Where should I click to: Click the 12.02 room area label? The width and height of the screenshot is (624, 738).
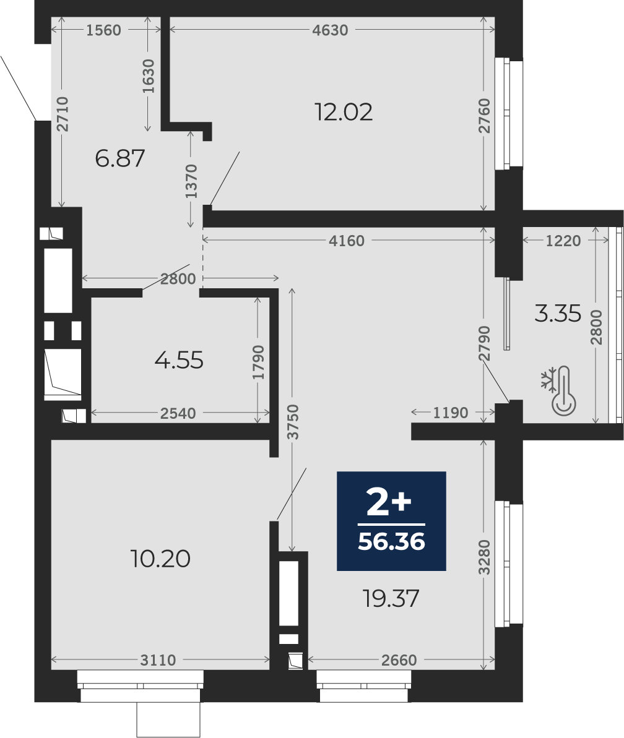tap(344, 112)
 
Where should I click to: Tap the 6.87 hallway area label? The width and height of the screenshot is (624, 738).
tap(119, 158)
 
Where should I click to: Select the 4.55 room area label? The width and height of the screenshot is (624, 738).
tap(179, 361)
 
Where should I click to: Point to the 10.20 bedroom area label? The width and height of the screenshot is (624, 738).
tap(160, 559)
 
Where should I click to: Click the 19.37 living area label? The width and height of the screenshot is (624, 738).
tap(391, 599)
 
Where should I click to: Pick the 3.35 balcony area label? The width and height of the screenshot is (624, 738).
tap(558, 314)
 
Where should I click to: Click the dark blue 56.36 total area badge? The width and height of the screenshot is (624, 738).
tap(391, 521)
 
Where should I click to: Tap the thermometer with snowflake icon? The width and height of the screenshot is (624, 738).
tap(559, 391)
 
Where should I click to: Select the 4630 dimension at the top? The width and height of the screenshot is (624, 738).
tap(330, 30)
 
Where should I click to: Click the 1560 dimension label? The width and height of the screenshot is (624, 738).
tap(103, 30)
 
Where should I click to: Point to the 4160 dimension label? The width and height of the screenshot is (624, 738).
tap(347, 241)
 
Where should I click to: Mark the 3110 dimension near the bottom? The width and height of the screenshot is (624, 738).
tap(158, 660)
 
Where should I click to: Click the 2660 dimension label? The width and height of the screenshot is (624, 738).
tap(399, 660)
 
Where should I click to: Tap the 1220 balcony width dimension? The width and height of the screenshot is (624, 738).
tap(563, 241)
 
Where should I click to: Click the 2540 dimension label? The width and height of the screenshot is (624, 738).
tap(178, 413)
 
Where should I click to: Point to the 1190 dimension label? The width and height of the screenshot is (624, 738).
tap(451, 413)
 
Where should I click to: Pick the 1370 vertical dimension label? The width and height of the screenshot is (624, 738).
tap(191, 181)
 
